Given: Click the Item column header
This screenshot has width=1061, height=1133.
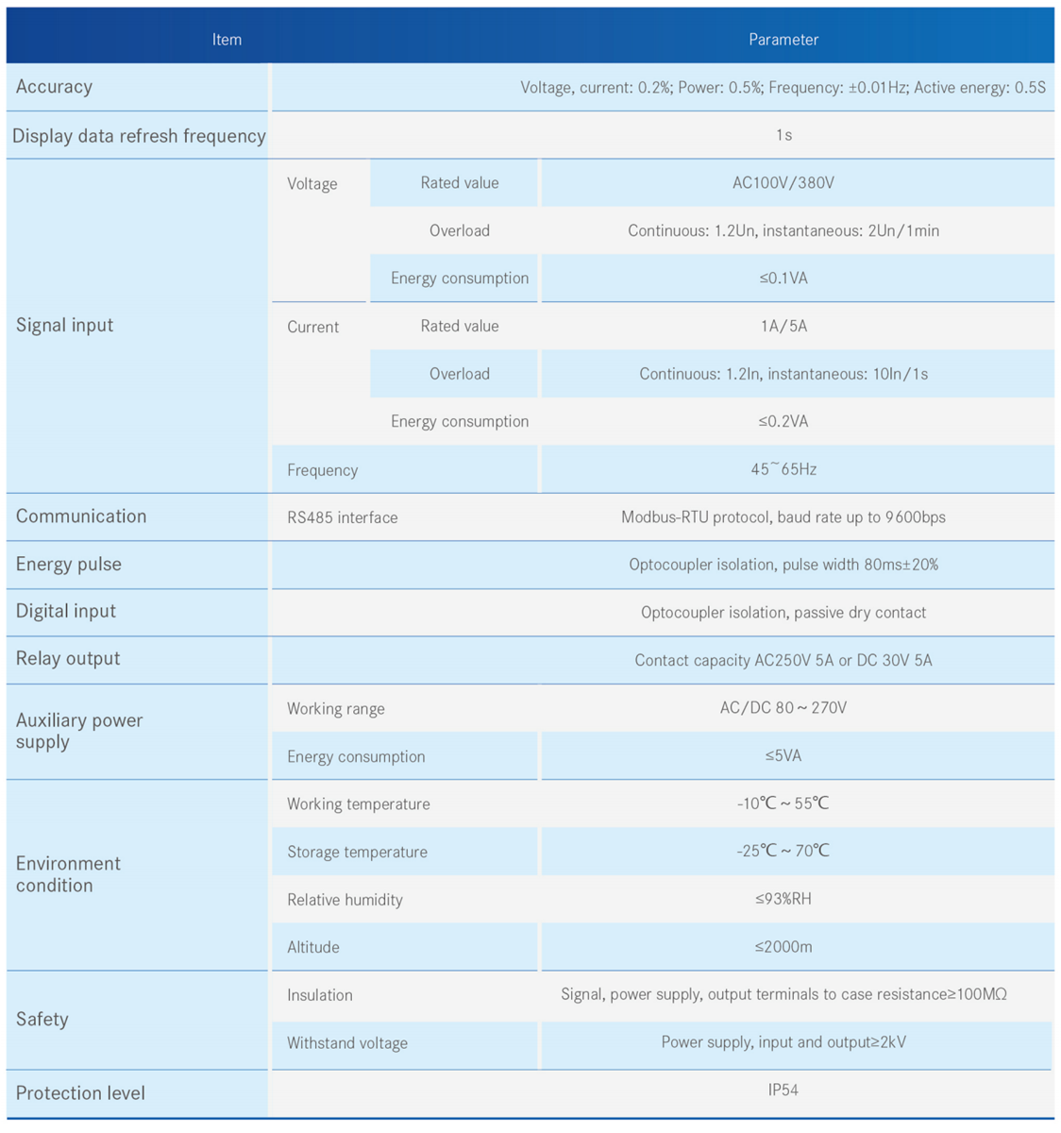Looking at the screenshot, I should (x=227, y=40).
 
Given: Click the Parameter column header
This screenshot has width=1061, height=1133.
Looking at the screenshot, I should (x=783, y=40).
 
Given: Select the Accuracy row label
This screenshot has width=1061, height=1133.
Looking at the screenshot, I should (x=54, y=87).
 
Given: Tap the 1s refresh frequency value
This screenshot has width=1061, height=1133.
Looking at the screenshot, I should (x=783, y=135).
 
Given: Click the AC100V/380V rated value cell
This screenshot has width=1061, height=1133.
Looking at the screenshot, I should (x=783, y=183).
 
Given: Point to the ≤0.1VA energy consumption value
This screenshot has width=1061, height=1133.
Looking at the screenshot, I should (x=783, y=279).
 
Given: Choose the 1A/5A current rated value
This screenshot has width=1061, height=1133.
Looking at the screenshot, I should (x=783, y=327).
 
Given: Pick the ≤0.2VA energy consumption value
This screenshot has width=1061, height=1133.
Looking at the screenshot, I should (x=783, y=422).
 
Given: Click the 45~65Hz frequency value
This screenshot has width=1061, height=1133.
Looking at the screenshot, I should (x=783, y=469).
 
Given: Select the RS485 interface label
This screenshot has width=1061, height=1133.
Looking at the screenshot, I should (x=342, y=517).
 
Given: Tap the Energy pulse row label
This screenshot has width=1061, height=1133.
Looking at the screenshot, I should (x=68, y=565).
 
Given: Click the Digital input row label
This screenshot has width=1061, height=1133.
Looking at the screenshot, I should (x=65, y=612).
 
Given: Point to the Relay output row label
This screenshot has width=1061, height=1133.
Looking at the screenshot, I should (x=67, y=659).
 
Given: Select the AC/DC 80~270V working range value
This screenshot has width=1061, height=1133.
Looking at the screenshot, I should (x=783, y=708).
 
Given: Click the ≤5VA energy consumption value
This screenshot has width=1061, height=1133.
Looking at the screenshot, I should (x=783, y=756).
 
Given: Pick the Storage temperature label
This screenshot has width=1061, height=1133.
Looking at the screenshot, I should (x=357, y=852).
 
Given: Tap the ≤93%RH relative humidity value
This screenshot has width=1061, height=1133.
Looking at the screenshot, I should (x=783, y=899).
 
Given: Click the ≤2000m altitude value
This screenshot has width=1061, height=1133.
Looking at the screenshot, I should (x=783, y=947).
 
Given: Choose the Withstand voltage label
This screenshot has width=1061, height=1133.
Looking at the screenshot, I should (x=347, y=1043).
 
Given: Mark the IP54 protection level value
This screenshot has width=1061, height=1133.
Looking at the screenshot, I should (x=783, y=1091).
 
